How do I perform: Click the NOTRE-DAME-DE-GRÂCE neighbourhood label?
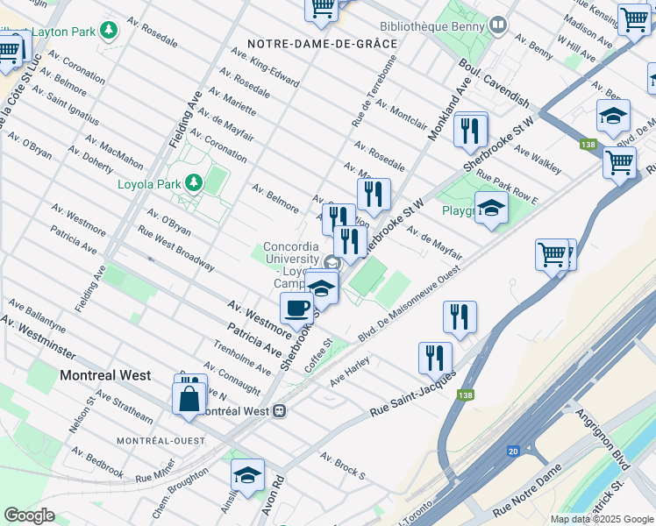pyautogui.click(x=322, y=43)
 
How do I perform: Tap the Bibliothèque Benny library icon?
pyautogui.click(x=498, y=25)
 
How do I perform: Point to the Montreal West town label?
pyautogui.click(x=105, y=375)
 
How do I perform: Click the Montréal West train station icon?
pyautogui.click(x=279, y=410)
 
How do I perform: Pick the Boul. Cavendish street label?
pyautogui.click(x=495, y=84)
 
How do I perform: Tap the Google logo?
pyautogui.click(x=29, y=515)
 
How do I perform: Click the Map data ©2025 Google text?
pyautogui.click(x=601, y=519)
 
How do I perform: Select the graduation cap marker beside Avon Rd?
pyautogui.click(x=247, y=475)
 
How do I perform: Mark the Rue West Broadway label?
pyautogui.click(x=176, y=249)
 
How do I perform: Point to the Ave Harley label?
pyautogui.click(x=351, y=372)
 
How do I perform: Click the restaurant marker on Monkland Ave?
pyautogui.click(x=471, y=131)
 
